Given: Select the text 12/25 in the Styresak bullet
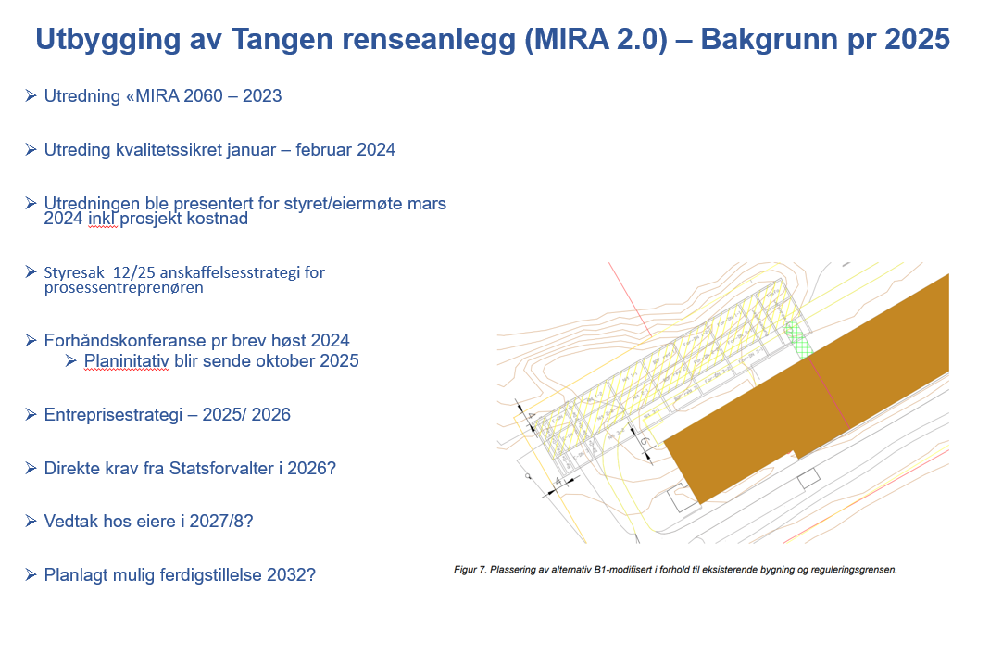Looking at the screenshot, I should click(x=133, y=273).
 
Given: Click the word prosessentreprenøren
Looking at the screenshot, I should click(x=124, y=288).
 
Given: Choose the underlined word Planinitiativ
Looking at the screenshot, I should click(x=126, y=360).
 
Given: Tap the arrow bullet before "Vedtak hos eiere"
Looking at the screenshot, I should click(x=31, y=521).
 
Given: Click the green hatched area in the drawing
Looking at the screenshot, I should click(x=797, y=339).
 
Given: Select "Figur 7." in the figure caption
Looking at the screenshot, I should click(x=471, y=570).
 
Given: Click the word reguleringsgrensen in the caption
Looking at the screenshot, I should click(x=858, y=570).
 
